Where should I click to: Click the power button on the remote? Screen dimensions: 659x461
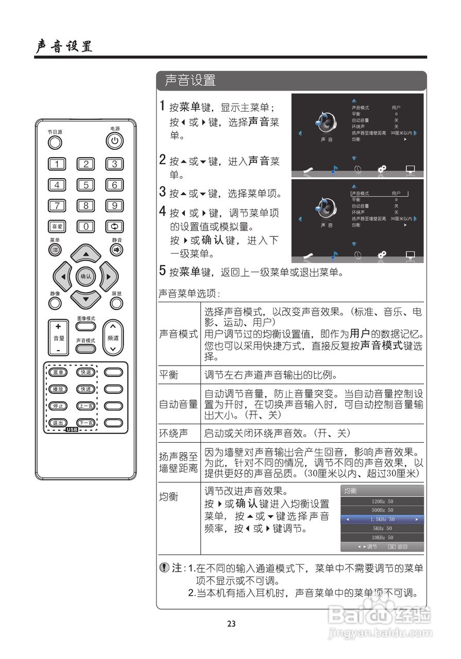pos(114,141)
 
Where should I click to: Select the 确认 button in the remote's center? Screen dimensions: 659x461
pos(86,276)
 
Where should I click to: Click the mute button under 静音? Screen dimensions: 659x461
pos(116,250)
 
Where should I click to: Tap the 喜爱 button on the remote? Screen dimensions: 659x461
pos(57,227)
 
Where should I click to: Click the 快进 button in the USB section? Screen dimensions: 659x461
pos(86,389)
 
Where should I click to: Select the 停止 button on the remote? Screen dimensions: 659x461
pos(57,406)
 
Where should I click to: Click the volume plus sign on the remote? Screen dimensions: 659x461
pos(58,326)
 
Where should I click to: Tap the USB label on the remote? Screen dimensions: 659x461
pos(72,429)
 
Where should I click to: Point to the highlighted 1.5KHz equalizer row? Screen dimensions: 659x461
pos(382,519)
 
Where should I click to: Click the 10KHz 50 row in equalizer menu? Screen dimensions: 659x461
pos(382,537)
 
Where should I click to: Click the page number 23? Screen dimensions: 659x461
pos(231,623)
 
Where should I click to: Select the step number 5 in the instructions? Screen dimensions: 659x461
pos(162,271)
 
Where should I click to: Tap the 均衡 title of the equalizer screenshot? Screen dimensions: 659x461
pos(351,491)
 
